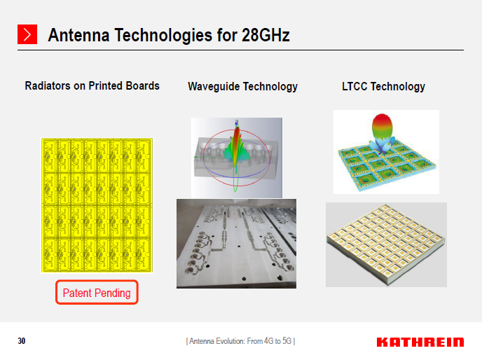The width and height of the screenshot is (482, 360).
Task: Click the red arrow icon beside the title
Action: coord(27,34)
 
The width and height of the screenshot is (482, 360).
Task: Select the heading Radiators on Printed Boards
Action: coord(92,86)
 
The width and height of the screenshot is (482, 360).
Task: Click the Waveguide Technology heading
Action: coord(242,87)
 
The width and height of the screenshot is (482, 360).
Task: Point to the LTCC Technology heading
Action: coord(383,87)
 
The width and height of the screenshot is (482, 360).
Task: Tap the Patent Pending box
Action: coord(97,293)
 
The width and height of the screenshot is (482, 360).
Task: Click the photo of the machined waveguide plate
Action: coord(236,243)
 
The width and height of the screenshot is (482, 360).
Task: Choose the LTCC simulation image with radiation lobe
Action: coord(386,152)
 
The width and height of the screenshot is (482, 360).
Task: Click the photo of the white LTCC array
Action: coord(386,244)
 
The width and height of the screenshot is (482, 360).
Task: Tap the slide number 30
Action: coord(22,341)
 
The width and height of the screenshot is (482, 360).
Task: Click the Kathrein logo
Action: coord(420,342)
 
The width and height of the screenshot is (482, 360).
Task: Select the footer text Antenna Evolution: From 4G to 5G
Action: coord(240,342)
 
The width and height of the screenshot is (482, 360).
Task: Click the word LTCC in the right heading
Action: coord(354,87)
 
